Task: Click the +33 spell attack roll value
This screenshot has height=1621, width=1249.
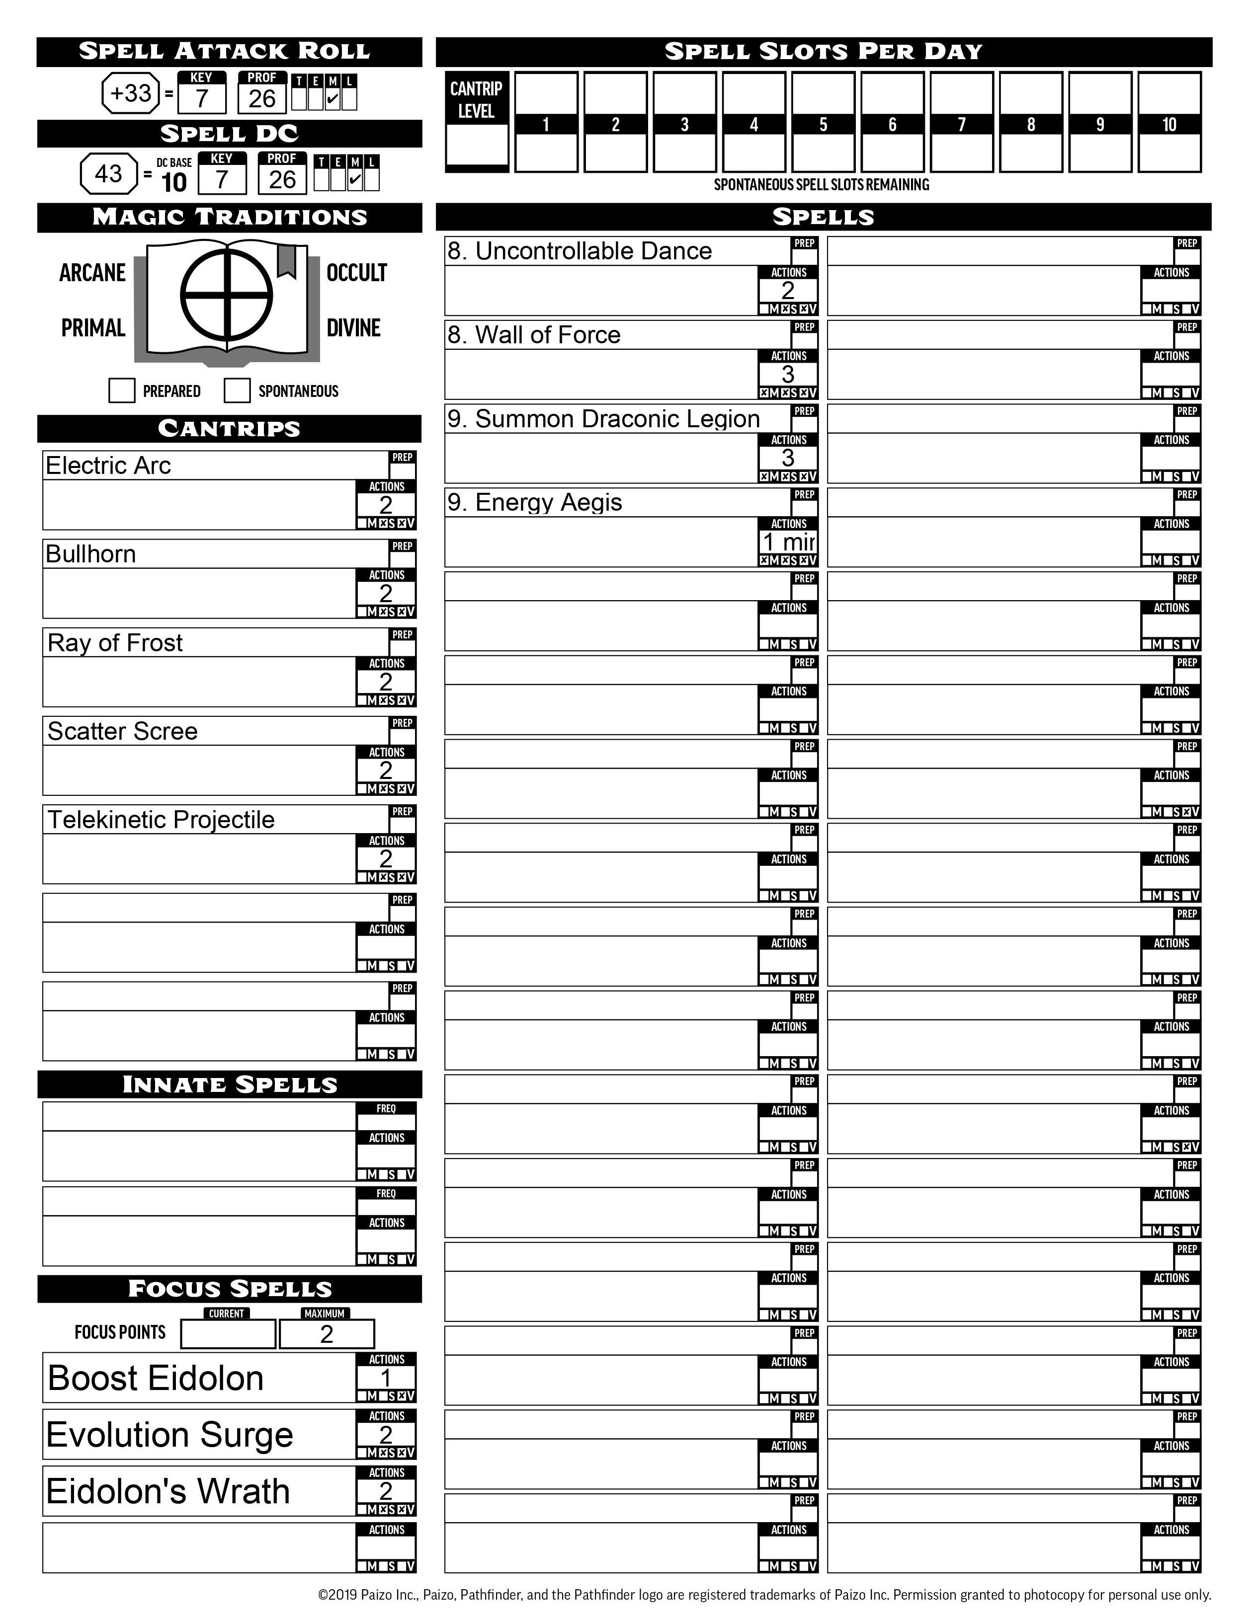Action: point(131,93)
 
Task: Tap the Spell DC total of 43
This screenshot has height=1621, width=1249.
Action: point(108,174)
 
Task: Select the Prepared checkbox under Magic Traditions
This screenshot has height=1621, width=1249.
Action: point(122,390)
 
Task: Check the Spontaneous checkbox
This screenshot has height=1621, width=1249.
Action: point(237,390)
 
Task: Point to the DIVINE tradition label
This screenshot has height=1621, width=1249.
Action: point(353,328)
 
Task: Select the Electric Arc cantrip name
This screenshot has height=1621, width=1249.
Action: point(108,465)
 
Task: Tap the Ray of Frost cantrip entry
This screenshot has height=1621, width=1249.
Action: point(115,643)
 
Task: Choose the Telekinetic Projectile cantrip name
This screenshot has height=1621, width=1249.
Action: point(161,819)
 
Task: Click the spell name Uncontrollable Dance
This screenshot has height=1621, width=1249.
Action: point(579,251)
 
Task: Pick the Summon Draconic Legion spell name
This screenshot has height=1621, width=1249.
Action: point(603,419)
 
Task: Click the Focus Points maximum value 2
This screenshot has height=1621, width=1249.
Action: point(327,1334)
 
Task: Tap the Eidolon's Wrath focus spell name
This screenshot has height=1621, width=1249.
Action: point(168,1491)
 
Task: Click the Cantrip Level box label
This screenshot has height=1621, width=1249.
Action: point(476,99)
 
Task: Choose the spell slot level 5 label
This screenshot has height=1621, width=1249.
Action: point(823,125)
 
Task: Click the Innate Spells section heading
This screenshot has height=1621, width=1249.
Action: point(230,1084)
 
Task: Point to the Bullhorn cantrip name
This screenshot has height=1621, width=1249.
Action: point(90,554)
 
